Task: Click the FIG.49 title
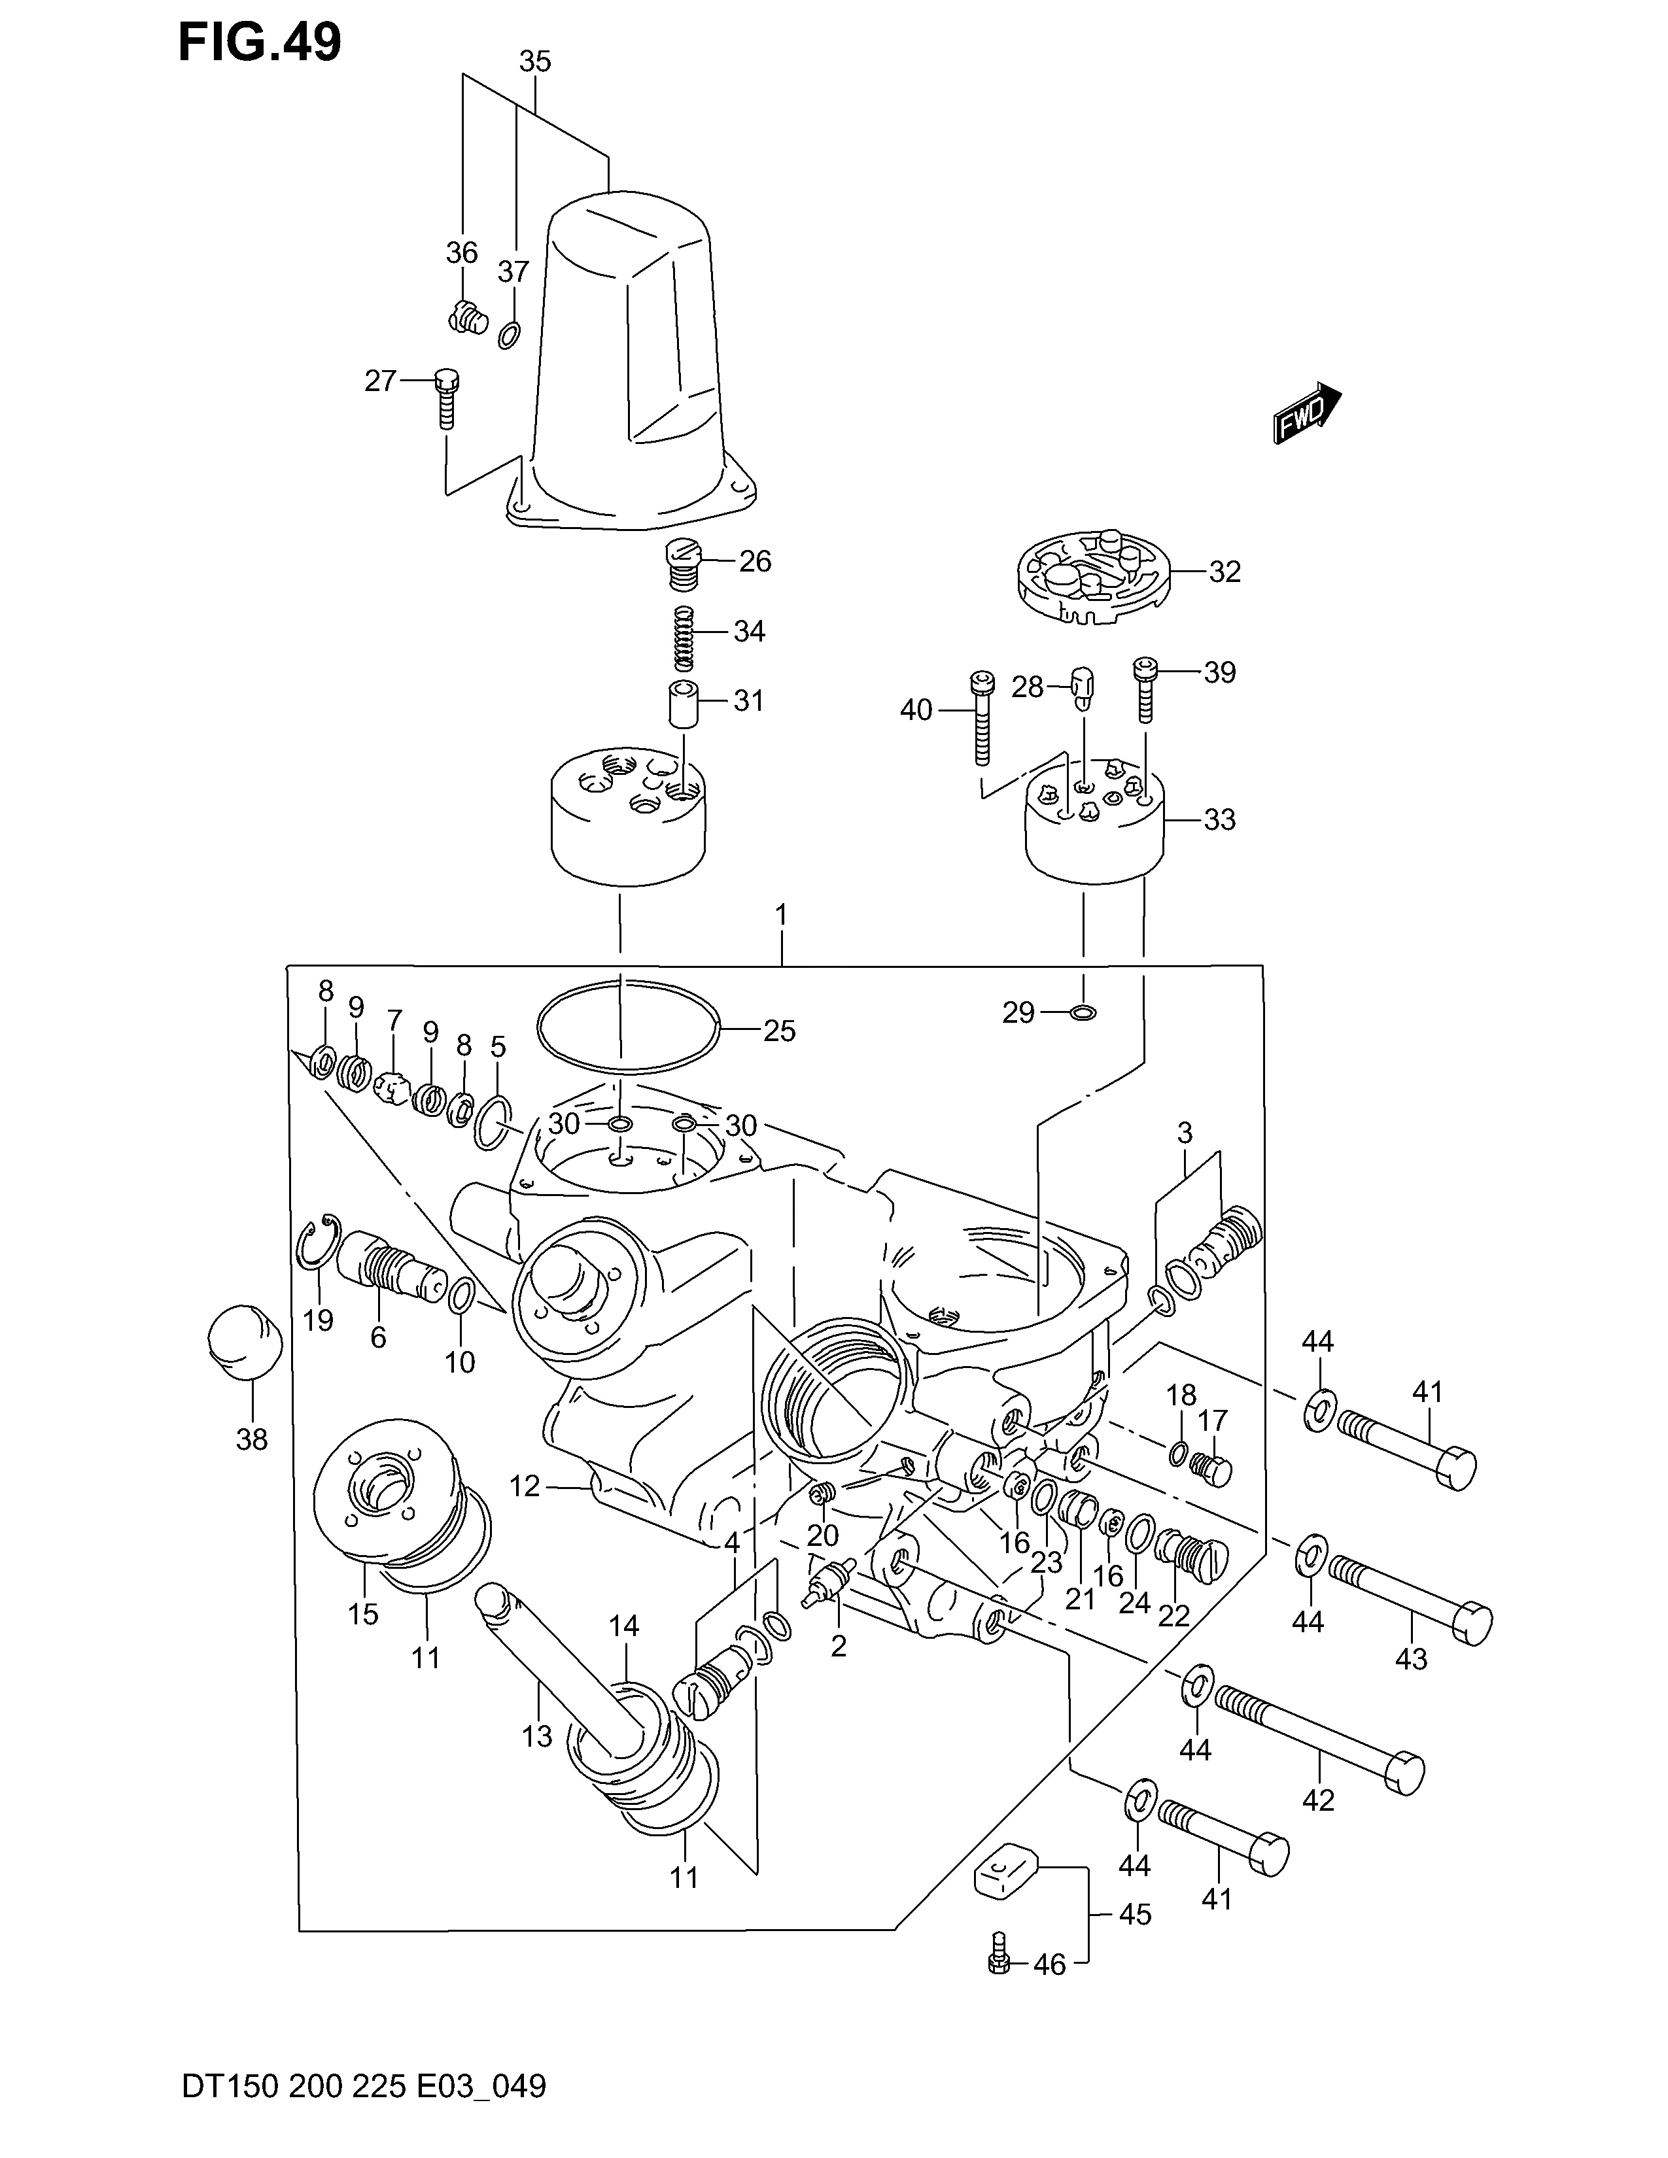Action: (x=260, y=43)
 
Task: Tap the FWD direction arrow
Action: (x=1306, y=413)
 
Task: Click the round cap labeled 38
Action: (x=245, y=1341)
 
